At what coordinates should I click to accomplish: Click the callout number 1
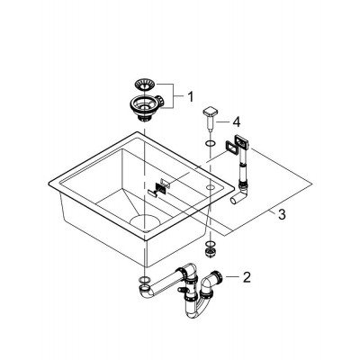[x=191, y=97]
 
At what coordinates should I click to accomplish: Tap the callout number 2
[x=247, y=277]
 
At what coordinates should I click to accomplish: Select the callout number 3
[x=282, y=214]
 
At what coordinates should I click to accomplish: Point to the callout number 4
[x=237, y=122]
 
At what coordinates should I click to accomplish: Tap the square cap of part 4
[x=209, y=112]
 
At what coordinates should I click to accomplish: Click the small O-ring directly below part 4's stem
[x=210, y=144]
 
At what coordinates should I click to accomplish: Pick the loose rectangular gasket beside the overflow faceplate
[x=229, y=148]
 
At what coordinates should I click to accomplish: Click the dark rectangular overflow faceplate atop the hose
[x=242, y=142]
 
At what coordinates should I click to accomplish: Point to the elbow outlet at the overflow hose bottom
[x=239, y=197]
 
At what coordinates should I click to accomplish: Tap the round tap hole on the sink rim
[x=210, y=187]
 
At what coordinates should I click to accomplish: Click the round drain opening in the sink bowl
[x=145, y=222]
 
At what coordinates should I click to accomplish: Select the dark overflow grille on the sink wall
[x=160, y=188]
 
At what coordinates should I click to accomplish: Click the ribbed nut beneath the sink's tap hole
[x=210, y=251]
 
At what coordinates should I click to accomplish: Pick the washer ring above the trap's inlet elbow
[x=144, y=279]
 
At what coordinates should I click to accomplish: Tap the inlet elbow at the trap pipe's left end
[x=147, y=291]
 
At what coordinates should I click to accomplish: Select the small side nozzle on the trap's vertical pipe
[x=182, y=290]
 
